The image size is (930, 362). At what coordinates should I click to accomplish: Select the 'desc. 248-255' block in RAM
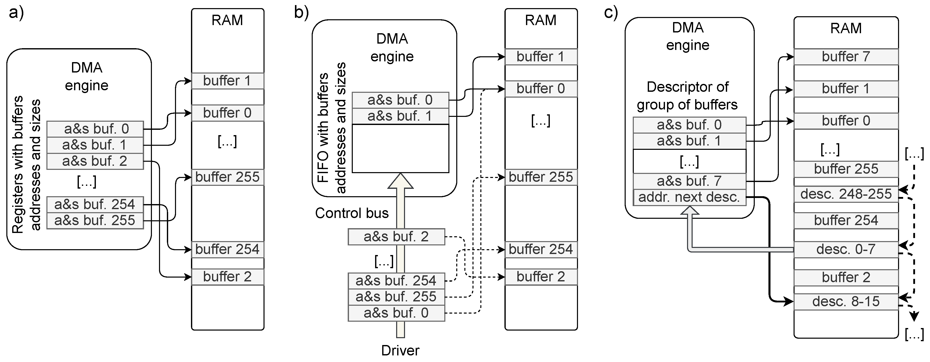pos(846,194)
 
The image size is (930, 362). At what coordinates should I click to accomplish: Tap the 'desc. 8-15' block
pos(846,301)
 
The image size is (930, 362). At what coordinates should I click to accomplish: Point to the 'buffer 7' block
pos(846,57)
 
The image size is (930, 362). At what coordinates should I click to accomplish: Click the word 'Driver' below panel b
pos(400,350)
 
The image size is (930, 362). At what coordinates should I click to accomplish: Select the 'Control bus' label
pos(352,213)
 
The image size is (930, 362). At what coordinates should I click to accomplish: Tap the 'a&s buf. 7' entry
pos(689,181)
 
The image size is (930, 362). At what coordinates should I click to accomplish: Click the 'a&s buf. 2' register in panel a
pos(95,161)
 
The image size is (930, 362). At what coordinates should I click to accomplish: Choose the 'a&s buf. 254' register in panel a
pos(95,205)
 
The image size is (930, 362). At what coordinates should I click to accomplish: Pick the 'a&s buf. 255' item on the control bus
pos(396,297)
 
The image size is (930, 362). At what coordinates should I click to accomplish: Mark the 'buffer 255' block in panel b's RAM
pos(540,177)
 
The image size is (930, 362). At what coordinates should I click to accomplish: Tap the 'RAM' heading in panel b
pos(540,20)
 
